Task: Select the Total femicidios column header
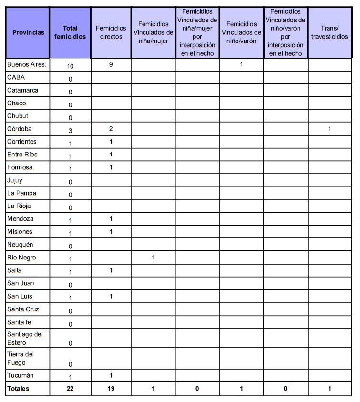click(70, 32)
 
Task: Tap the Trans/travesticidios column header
click(329, 32)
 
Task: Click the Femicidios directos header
click(111, 32)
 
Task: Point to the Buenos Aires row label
click(27, 64)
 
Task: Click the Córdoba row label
click(20, 129)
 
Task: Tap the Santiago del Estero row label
click(25, 338)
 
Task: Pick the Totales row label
click(19, 389)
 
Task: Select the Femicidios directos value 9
click(111, 64)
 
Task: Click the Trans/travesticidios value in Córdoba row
click(329, 129)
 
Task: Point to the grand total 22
click(70, 389)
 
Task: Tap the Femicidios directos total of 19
click(111, 389)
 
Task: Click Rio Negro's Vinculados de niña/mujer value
click(153, 258)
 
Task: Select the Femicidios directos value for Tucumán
click(111, 375)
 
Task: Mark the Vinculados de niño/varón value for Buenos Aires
click(241, 64)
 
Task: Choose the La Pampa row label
click(21, 193)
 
